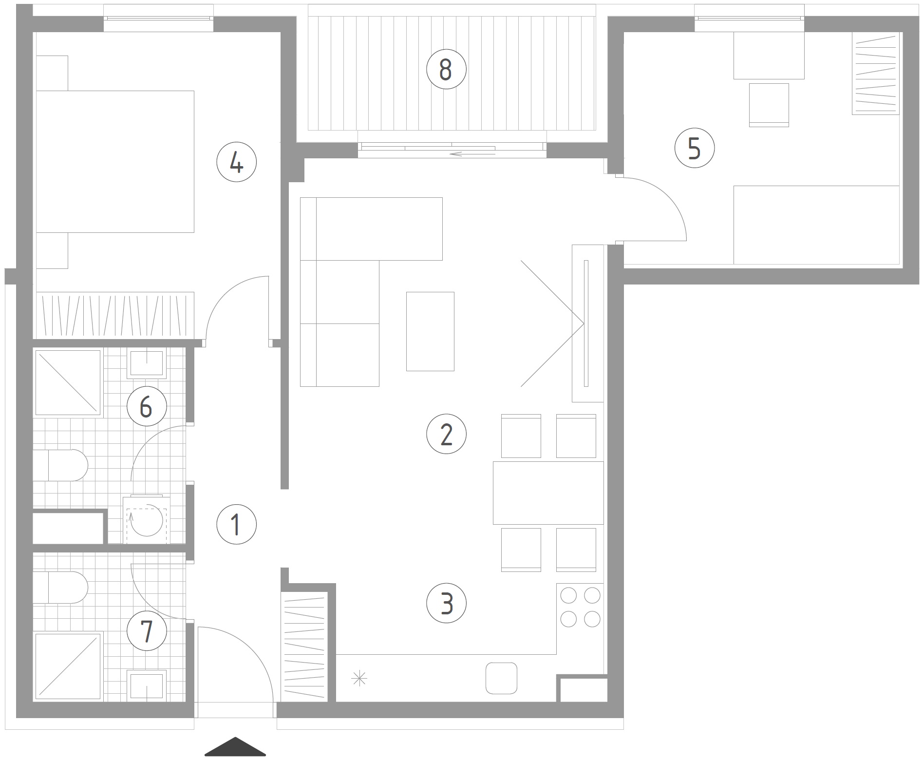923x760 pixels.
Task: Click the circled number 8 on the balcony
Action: coord(446,69)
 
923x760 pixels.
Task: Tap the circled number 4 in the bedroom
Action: coord(236,162)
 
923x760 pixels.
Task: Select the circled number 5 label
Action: coord(695,148)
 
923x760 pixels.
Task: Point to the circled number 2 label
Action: coord(446,434)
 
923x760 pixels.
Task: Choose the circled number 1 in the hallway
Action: coord(236,525)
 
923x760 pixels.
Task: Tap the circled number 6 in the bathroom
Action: coord(147,406)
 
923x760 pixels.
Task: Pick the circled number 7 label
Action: coord(147,630)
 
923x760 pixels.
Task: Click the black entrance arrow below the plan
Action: coord(235,747)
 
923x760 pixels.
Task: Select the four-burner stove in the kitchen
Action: coord(580,607)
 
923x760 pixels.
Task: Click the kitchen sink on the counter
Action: coord(501,678)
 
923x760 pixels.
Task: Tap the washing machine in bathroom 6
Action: coord(146,520)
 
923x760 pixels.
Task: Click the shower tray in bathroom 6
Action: coord(68,382)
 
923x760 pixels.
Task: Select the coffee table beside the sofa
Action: coord(430,331)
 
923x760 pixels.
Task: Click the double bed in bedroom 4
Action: coord(115,161)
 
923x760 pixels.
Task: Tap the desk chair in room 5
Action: coord(769,105)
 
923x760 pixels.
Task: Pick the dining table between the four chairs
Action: coord(548,493)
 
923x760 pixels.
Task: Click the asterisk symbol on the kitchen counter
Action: coord(359,679)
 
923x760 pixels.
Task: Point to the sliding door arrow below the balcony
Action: coord(472,154)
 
